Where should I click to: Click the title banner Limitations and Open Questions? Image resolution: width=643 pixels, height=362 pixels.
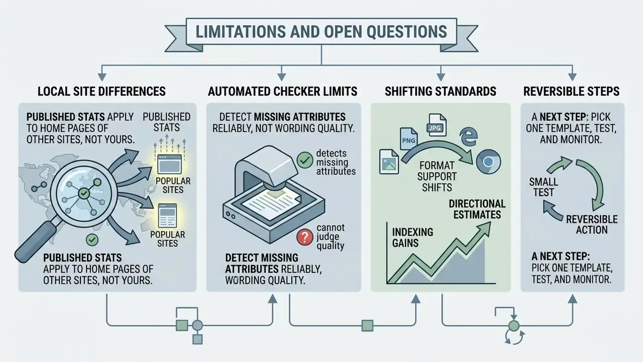pyautogui.click(x=321, y=32)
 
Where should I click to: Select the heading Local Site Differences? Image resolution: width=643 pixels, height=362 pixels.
pyautogui.click(x=101, y=92)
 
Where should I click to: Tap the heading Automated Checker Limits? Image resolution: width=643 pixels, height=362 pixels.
pyautogui.click(x=282, y=92)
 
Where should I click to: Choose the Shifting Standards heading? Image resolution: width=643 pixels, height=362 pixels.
pyautogui.click(x=441, y=92)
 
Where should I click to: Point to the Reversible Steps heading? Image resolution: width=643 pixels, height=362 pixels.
pyautogui.click(x=571, y=92)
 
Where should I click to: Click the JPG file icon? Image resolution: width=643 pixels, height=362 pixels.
pyautogui.click(x=437, y=125)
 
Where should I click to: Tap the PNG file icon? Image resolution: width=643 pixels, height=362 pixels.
pyautogui.click(x=409, y=139)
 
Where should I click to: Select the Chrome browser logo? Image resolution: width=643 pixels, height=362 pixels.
pyautogui.click(x=488, y=161)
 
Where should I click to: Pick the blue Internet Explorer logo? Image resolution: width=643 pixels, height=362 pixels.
pyautogui.click(x=469, y=137)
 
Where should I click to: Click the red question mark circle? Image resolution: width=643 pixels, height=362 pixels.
pyautogui.click(x=304, y=237)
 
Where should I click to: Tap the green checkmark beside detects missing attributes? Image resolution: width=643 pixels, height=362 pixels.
pyautogui.click(x=304, y=160)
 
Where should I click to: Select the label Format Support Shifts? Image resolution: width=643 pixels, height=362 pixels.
pyautogui.click(x=437, y=176)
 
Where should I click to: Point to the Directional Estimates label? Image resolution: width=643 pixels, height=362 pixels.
pyautogui.click(x=477, y=209)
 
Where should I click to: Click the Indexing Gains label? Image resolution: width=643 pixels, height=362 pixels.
pyautogui.click(x=412, y=238)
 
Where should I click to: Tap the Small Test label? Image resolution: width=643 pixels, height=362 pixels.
pyautogui.click(x=544, y=187)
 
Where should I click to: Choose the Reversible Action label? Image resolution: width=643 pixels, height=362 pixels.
pyautogui.click(x=592, y=225)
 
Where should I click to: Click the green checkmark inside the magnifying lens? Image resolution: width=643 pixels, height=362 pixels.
pyautogui.click(x=84, y=194)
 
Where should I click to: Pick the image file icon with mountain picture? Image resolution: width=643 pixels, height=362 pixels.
pyautogui.click(x=389, y=162)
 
